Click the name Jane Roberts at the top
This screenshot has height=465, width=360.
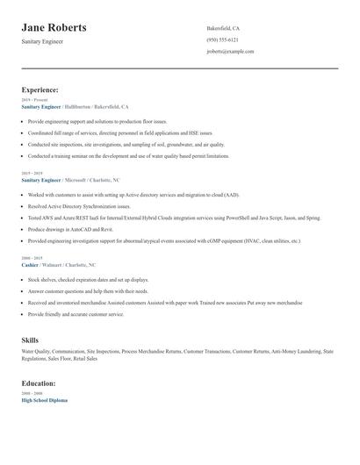coord(54,28)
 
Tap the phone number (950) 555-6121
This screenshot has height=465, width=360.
coord(222,39)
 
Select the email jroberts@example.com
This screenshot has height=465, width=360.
coord(230,51)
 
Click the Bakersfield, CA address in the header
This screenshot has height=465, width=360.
coord(223,28)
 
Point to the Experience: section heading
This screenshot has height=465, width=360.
coord(40,89)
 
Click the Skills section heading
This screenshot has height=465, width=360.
coord(30,339)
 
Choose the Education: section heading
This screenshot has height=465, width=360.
coord(40,383)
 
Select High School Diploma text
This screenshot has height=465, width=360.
coord(44,400)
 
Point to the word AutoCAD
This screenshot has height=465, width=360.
coord(89,228)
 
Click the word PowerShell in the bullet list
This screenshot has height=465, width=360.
coord(232,217)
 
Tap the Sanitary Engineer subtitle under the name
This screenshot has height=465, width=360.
coord(42,41)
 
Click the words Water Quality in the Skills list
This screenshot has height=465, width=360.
coord(36,350)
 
